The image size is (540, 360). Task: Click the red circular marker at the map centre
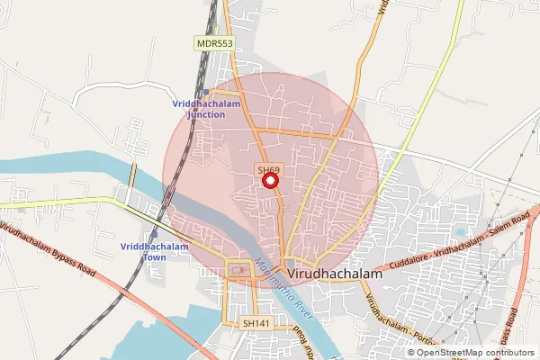270,180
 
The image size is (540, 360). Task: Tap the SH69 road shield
267,168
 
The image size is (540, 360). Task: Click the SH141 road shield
255,322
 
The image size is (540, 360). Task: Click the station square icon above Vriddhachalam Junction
205,92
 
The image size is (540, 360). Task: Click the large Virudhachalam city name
333,271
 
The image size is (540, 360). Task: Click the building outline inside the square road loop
239,268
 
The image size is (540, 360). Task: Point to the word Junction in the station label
205,115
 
